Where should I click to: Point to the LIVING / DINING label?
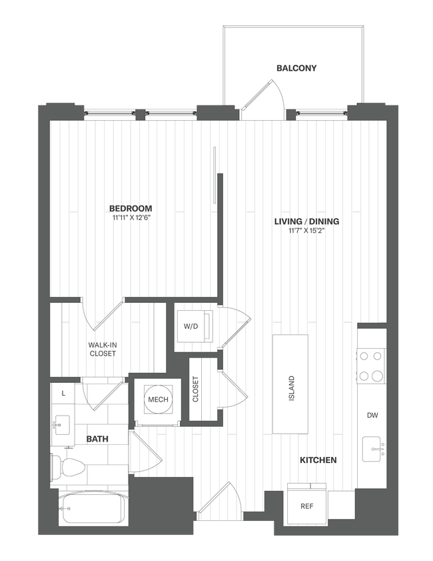(x=307, y=221)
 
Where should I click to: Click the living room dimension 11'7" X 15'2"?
(x=307, y=231)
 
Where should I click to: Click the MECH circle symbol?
(x=158, y=400)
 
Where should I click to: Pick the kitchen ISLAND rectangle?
(x=290, y=383)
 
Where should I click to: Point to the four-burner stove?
(x=371, y=366)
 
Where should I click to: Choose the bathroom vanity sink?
(x=63, y=423)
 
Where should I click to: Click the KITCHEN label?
(x=317, y=460)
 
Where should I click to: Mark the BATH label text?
(x=97, y=439)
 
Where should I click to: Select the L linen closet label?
(x=63, y=394)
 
